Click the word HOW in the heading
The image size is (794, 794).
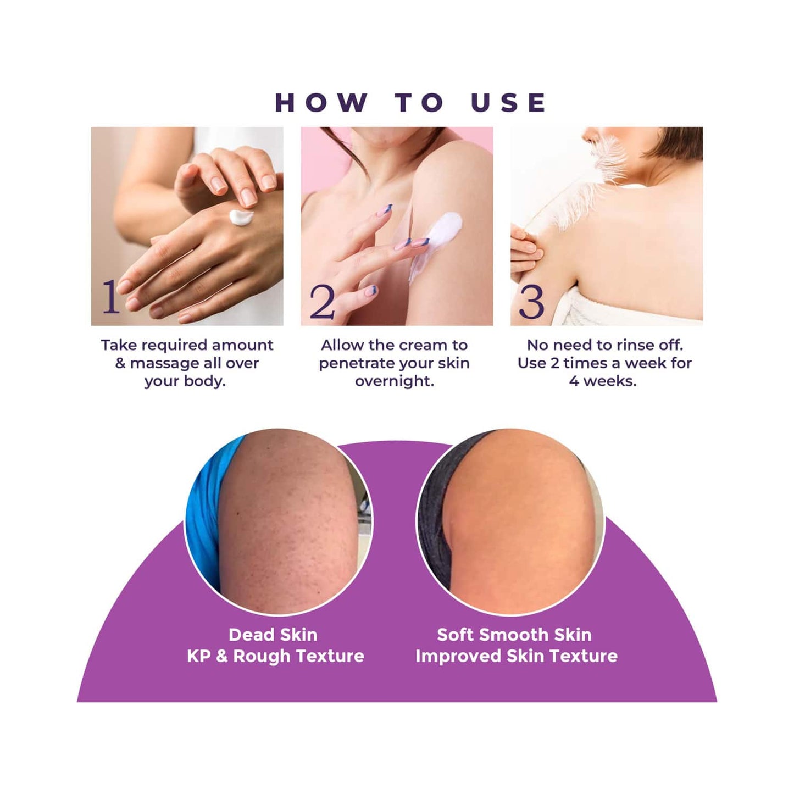click(321, 103)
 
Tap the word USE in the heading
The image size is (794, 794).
click(508, 103)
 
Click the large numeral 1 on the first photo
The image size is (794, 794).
click(110, 297)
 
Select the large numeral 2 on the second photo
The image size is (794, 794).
click(322, 302)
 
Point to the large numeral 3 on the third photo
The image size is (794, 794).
click(531, 302)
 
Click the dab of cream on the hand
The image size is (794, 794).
click(241, 217)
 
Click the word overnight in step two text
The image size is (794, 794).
click(395, 381)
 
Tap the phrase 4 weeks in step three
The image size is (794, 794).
click(603, 381)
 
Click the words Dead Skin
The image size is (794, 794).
click(273, 635)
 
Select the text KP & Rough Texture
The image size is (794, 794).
click(275, 656)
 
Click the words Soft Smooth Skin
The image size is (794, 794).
click(514, 635)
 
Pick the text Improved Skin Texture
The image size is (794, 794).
click(517, 656)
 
